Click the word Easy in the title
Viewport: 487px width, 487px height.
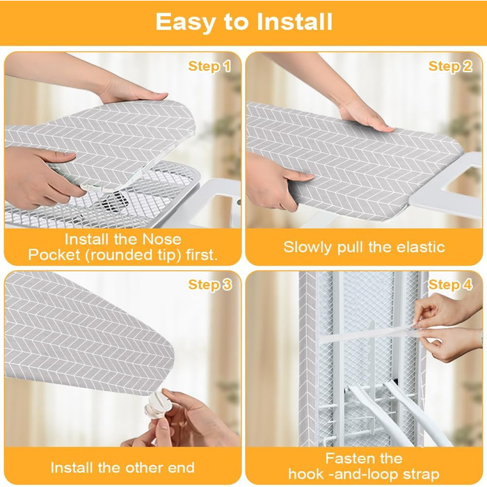tap(186, 23)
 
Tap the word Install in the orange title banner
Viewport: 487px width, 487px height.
tap(294, 22)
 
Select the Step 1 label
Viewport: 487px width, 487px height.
tap(209, 67)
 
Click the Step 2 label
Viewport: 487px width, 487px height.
tap(450, 66)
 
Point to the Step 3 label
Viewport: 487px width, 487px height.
tap(210, 285)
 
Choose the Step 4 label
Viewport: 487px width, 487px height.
tap(450, 285)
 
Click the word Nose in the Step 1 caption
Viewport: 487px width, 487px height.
tap(161, 239)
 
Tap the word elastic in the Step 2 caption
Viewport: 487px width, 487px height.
tap(422, 247)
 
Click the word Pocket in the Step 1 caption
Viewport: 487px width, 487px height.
tap(54, 255)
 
